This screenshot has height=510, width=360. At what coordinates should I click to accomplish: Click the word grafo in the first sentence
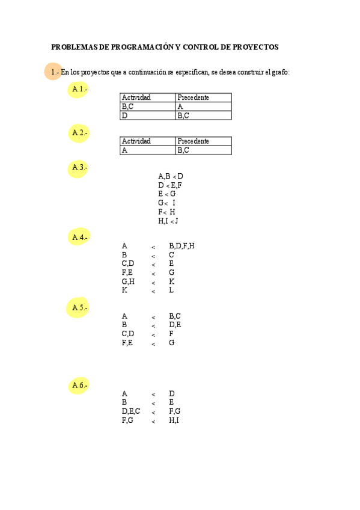click(281, 72)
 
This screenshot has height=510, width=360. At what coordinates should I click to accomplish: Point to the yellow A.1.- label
click(79, 90)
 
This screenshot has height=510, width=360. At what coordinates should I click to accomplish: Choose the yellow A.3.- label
click(79, 167)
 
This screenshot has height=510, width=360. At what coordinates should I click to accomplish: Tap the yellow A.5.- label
click(79, 308)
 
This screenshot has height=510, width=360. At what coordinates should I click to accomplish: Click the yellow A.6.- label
click(79, 385)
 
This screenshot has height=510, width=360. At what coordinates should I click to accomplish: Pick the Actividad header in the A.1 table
click(136, 97)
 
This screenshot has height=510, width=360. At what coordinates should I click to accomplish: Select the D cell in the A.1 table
click(125, 115)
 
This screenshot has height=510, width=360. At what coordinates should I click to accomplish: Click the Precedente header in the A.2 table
click(194, 141)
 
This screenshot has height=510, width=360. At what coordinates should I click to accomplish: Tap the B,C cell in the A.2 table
click(183, 150)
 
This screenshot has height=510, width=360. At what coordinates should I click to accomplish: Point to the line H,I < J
click(168, 221)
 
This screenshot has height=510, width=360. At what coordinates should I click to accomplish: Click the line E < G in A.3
click(166, 194)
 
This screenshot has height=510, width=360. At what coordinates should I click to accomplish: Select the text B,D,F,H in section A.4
click(182, 245)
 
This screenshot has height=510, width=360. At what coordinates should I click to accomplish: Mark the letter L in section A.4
click(171, 290)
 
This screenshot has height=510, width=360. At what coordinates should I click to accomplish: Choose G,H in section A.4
click(127, 281)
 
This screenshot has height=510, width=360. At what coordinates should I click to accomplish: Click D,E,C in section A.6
click(130, 411)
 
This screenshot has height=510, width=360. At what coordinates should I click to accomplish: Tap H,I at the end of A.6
click(174, 420)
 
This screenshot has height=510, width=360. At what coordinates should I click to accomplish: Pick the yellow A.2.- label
click(79, 132)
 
